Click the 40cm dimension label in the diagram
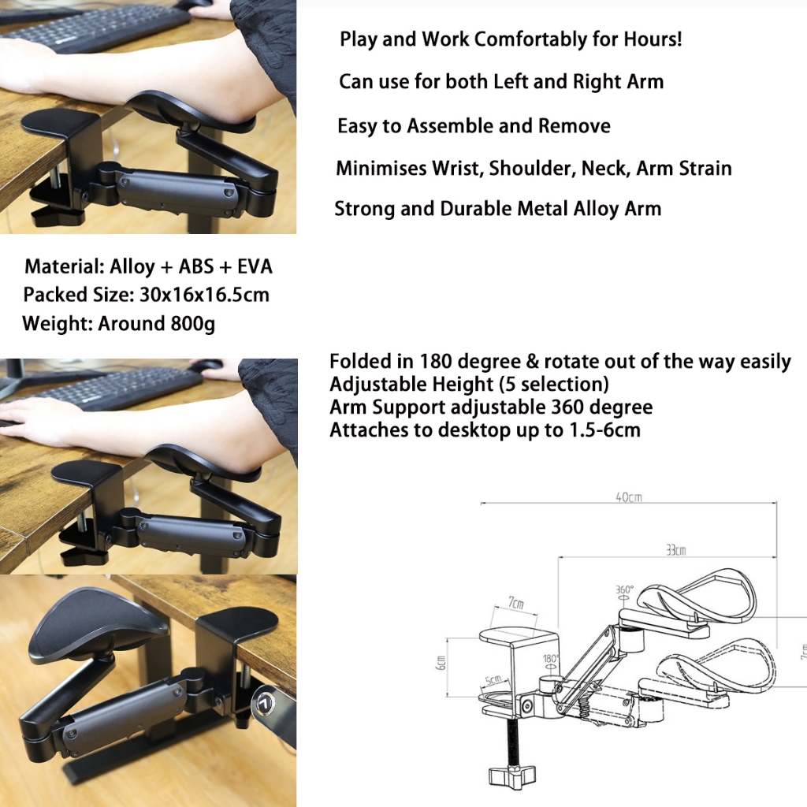coord(629,497)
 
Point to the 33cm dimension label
coord(675,550)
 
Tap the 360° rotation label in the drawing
coord(624,589)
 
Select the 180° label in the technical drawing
coord(551,659)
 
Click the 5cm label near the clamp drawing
coord(493,679)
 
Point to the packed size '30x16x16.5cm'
coord(204,295)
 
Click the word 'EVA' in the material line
coord(255,266)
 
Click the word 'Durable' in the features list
coord(478,209)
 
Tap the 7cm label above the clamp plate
coord(516,603)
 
